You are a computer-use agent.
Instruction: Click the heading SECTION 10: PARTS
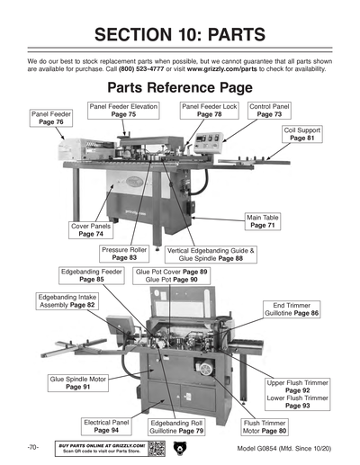pos(180,34)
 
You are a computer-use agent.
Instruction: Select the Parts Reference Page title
pos(179,89)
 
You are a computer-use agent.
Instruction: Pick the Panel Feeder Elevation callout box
pos(124,111)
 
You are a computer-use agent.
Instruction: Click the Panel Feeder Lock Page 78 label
pos(209,111)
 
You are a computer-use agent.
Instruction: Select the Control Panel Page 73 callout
pos(269,111)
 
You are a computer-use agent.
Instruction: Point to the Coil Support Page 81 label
pos(303,134)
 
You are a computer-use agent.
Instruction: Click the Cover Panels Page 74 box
pos(92,230)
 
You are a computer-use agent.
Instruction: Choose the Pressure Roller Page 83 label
pos(125,254)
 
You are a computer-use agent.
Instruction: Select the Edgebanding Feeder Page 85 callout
pos(92,274)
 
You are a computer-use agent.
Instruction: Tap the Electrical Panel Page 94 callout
pos(106,425)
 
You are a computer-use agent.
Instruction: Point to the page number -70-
pos(31,447)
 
